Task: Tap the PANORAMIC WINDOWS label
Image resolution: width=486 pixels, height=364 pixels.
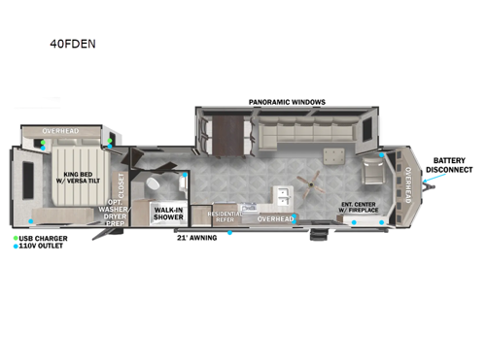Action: pos(287,102)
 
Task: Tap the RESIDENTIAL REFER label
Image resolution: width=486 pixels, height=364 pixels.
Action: pos(225,217)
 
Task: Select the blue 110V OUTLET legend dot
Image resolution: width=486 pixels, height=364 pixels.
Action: pos(17,247)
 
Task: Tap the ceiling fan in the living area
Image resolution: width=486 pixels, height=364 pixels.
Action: pos(312,182)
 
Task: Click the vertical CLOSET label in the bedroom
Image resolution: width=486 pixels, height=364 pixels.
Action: pos(121,183)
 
